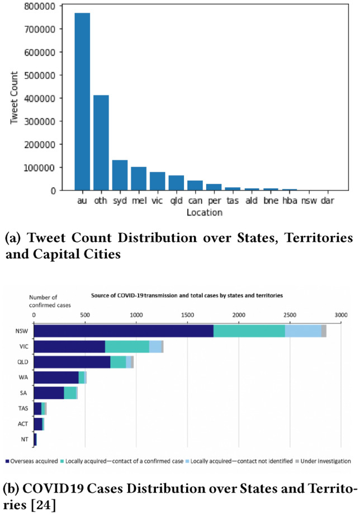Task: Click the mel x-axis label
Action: (x=138, y=201)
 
